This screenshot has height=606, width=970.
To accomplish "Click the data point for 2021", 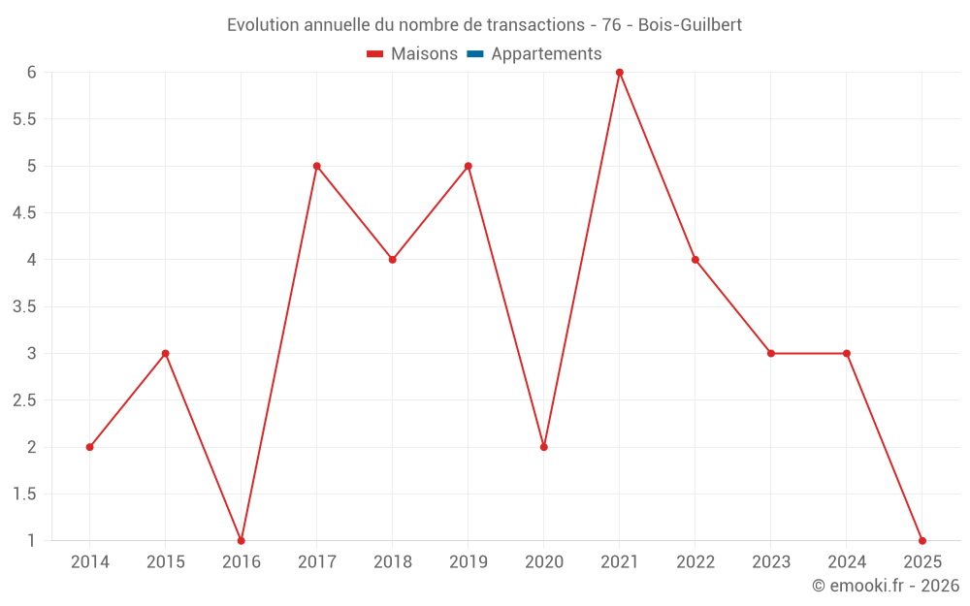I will (x=619, y=73).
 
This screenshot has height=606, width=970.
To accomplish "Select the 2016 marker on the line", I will (x=242, y=540).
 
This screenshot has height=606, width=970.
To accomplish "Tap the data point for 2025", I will (x=921, y=540).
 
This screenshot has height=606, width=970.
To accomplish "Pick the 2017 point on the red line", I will (x=317, y=166).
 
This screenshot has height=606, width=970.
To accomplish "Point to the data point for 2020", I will (x=544, y=447).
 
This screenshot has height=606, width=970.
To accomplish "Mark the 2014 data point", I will (x=90, y=447).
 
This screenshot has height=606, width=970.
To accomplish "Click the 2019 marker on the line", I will (x=469, y=166).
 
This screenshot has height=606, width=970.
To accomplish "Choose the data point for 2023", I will (x=771, y=353).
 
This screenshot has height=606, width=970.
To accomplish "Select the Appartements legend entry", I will (x=546, y=54).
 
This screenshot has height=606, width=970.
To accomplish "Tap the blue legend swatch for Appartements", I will (x=475, y=54).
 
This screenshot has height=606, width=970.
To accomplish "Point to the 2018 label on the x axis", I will (x=393, y=562).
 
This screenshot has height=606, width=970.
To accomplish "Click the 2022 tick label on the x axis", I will (x=695, y=562).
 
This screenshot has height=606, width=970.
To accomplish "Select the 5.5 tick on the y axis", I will (x=24, y=119).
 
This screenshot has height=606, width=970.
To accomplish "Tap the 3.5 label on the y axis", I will (x=24, y=306).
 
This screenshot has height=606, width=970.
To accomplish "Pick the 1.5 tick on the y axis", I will (x=24, y=494).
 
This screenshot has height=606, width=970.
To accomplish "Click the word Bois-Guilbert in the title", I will (x=690, y=25).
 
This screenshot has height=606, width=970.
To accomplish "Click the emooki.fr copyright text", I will (x=886, y=586).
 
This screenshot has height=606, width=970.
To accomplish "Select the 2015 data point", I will (x=166, y=353).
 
